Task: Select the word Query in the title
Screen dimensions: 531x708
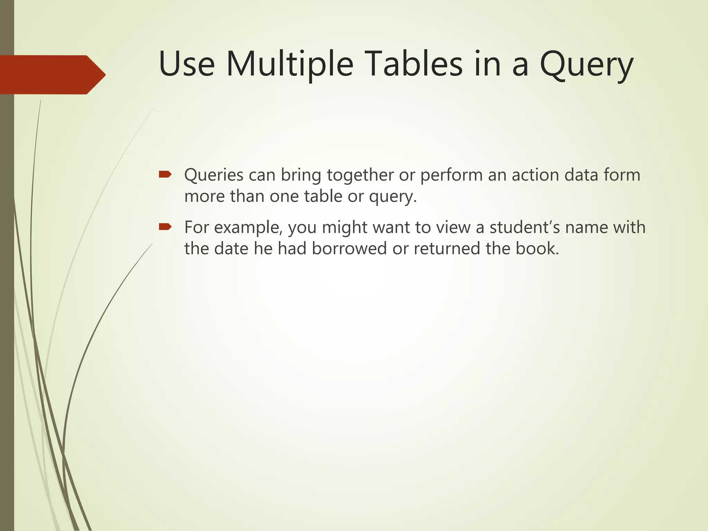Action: [x=586, y=66]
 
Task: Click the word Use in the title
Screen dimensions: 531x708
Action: [x=187, y=65]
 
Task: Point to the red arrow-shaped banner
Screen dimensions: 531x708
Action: [x=52, y=75]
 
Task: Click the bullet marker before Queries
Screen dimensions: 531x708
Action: [x=165, y=175]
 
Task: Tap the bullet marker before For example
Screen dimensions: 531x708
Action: [x=165, y=227]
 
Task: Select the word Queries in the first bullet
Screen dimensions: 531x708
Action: [x=214, y=175]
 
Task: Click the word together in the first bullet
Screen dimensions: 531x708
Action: [x=360, y=175]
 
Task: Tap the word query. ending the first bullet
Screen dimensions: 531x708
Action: [x=393, y=197]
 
